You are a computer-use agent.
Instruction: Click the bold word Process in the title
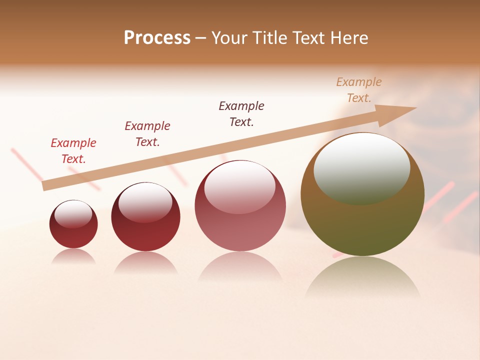(157, 37)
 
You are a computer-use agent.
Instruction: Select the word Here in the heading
(348, 37)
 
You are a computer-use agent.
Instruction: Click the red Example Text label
(73, 150)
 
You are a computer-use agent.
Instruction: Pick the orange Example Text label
(359, 89)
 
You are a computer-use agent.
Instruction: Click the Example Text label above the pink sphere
(241, 113)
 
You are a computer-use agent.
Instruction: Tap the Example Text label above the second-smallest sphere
(147, 133)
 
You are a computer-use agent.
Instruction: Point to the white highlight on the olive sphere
(361, 168)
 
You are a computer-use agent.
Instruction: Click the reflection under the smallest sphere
(73, 256)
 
